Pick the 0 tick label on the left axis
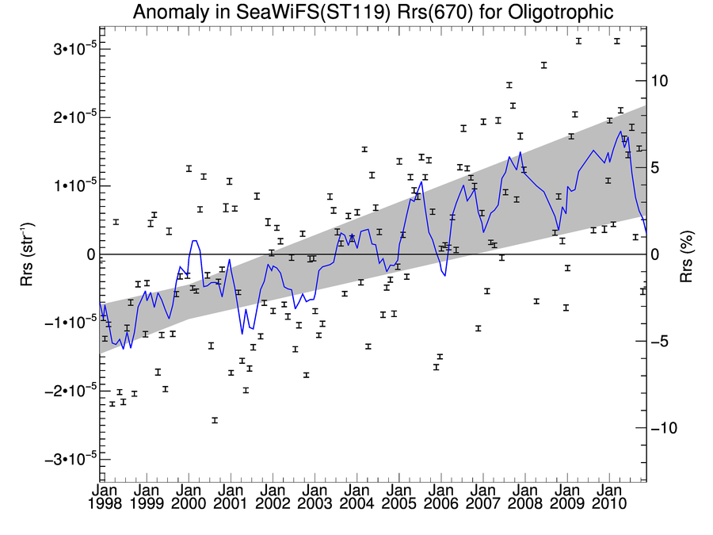[91, 254]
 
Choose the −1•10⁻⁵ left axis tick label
[58, 323]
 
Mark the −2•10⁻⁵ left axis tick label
[58, 391]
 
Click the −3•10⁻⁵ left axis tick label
[58, 460]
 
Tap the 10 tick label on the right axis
[660, 81]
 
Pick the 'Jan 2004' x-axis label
[356, 496]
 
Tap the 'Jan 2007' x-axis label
[482, 496]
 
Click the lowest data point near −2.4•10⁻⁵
[215, 420]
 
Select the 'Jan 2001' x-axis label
[231, 496]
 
